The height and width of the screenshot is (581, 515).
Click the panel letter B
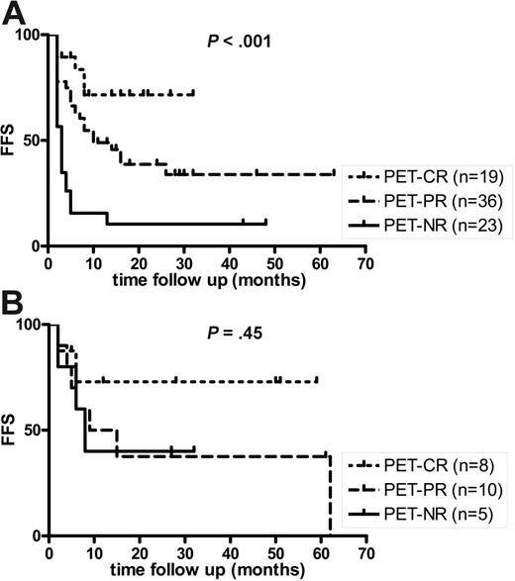(x=12, y=303)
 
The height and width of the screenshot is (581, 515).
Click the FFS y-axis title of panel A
(x=11, y=140)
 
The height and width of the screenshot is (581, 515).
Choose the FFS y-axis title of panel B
(x=11, y=431)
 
